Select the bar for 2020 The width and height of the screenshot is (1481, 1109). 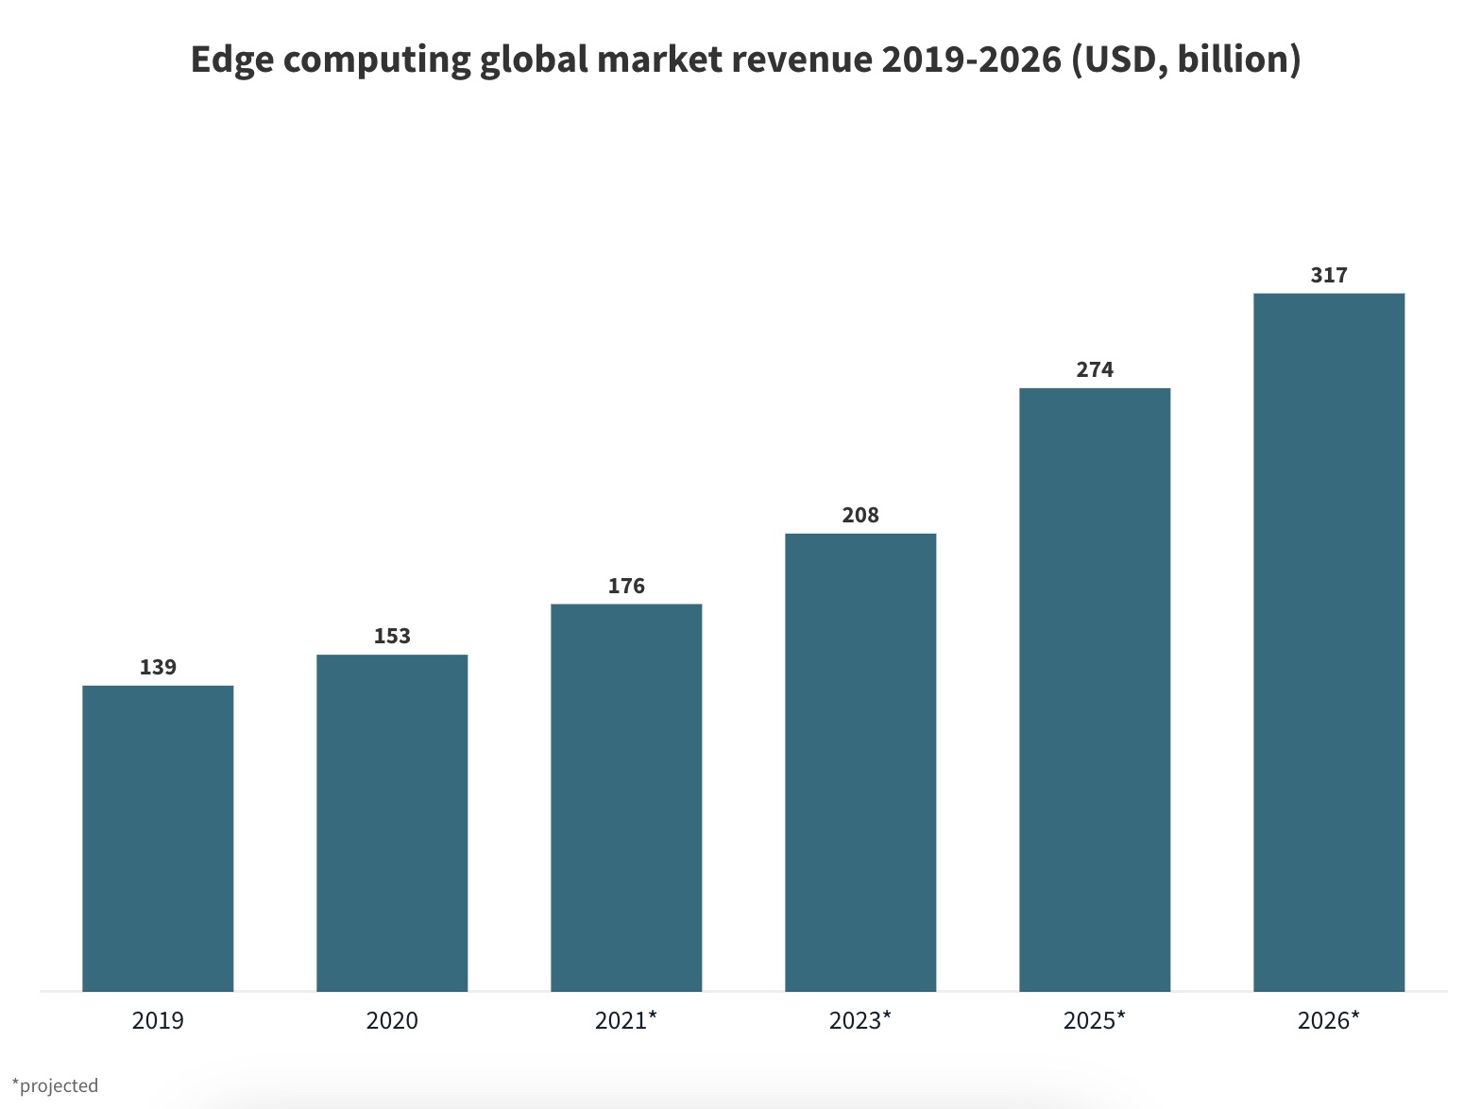(392, 823)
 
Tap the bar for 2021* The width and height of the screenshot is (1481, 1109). (626, 797)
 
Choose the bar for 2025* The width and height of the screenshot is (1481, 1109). (1095, 690)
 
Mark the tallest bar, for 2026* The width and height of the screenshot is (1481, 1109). (1329, 642)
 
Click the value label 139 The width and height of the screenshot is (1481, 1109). (158, 667)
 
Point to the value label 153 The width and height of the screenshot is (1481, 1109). (392, 636)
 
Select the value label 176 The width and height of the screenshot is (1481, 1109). (626, 586)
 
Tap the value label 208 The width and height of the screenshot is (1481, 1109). (860, 515)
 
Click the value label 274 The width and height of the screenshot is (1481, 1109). (1095, 369)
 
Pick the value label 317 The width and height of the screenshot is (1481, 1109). (1329, 275)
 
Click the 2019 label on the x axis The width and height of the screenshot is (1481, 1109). (158, 1020)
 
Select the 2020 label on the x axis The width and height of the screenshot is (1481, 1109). (392, 1020)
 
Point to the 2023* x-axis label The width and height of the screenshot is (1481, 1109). (860, 1020)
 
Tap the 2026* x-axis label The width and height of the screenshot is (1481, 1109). (1328, 1020)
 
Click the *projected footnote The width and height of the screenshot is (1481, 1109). (55, 1085)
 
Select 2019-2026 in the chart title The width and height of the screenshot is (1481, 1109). (971, 60)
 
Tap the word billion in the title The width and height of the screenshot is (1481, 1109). (1237, 60)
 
